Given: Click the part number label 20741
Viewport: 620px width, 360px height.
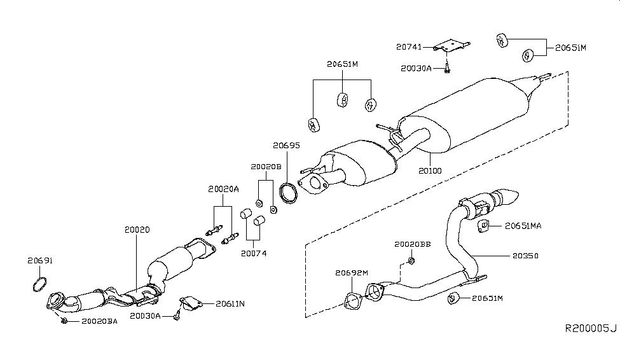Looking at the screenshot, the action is coord(409,47).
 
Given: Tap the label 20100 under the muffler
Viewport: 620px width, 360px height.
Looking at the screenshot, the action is coord(431,171).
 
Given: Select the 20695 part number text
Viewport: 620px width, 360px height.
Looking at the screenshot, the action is coord(286,146).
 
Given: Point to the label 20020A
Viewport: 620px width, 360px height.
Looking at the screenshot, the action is coord(223,189).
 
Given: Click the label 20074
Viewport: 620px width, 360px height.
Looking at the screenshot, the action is coord(254,254).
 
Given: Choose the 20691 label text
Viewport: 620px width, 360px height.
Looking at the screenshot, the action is coord(40,261).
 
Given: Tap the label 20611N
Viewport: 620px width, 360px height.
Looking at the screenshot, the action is coord(230,304).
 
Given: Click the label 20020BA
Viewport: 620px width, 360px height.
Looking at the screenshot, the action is coord(100,321).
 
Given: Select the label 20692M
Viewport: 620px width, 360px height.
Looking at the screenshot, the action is coord(352,273).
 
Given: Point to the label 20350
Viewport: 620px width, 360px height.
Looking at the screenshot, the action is coord(525,256).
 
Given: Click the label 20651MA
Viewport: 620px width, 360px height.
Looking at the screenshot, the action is coord(523,226).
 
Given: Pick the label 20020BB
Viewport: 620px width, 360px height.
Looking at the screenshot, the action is coord(413,244).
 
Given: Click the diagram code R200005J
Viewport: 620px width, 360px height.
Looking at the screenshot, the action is coord(591,328).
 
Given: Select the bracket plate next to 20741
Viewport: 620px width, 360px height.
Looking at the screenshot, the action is coord(451,45).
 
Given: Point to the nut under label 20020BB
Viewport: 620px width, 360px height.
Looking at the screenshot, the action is coord(411,261).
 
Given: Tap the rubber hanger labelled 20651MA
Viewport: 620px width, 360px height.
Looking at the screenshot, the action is coord(483,226).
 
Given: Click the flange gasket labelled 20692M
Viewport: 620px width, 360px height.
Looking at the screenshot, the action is coord(352,301).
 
